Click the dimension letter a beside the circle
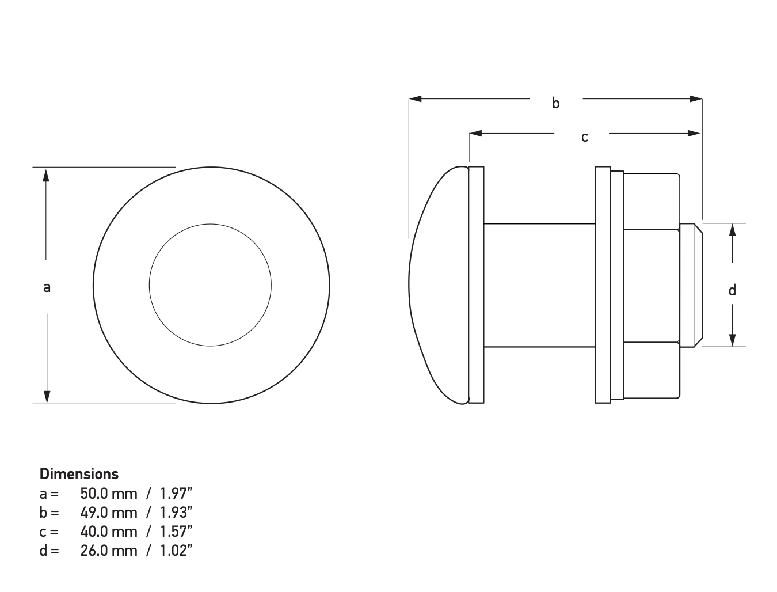(47, 287)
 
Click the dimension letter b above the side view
(555, 103)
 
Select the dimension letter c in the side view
(584, 137)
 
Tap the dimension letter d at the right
(732, 290)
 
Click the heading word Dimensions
(79, 474)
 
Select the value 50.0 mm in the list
(109, 494)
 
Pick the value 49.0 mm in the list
(109, 513)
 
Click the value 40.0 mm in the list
(109, 532)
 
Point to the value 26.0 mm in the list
(109, 551)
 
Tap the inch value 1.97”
(176, 494)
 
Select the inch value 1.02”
(176, 551)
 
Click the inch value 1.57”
(176, 532)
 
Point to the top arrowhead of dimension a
(47, 174)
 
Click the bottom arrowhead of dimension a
(47, 396)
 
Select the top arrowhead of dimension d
(732, 230)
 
